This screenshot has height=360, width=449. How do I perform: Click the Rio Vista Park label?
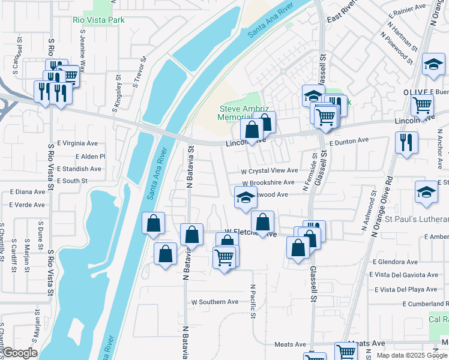pos(99,20)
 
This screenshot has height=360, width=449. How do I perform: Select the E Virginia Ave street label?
pos(77,144)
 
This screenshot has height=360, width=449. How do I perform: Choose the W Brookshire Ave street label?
pos(268,182)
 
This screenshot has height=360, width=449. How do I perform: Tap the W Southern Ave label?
pos(215,302)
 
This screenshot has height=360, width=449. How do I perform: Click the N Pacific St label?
pos(254,301)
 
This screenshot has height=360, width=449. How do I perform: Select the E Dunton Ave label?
pos(349,140)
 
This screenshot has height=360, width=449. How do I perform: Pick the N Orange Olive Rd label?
pos(382,204)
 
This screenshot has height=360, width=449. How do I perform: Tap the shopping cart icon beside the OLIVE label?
pos(422,105)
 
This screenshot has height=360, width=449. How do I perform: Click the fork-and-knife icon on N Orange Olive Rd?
pos(406,143)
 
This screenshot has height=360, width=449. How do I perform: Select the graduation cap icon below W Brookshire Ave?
pos(245,198)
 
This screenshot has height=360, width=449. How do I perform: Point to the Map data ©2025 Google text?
pos(412,355)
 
